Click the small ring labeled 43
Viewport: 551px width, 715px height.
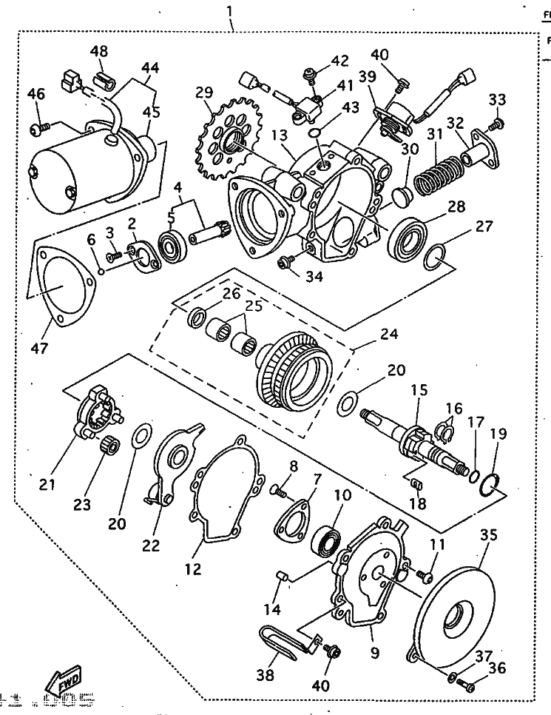(x=316, y=132)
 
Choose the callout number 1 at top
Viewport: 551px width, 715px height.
(x=230, y=12)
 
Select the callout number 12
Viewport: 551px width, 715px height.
(x=193, y=548)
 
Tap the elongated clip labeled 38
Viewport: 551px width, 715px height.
(x=277, y=644)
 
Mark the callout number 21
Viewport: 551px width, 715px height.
(x=47, y=485)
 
